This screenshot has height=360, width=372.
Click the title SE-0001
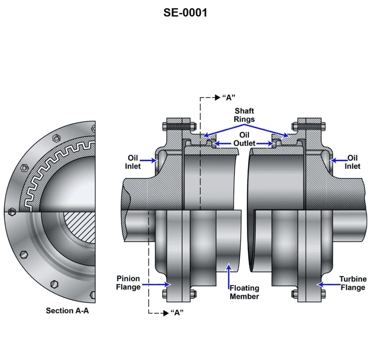(x=185, y=13)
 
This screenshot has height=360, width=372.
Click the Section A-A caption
(x=67, y=310)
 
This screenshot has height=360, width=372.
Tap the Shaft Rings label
(x=244, y=115)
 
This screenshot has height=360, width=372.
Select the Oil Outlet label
(x=244, y=139)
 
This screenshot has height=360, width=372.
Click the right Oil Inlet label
(x=352, y=162)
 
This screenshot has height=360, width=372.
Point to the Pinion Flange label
(x=128, y=283)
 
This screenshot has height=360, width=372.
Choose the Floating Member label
(x=244, y=292)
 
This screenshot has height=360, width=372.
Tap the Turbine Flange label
(x=352, y=283)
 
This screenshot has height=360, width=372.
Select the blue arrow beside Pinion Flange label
(x=154, y=283)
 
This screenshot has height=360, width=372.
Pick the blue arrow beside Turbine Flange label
(x=326, y=283)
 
